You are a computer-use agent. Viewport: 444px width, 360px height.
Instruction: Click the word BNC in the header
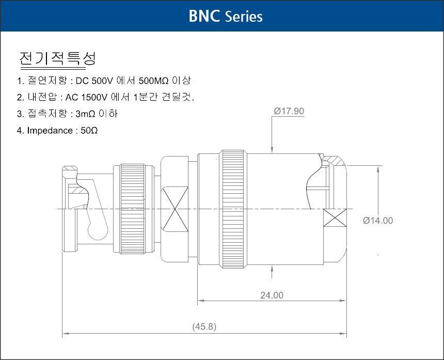(204, 16)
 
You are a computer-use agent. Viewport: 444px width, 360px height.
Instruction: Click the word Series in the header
(244, 17)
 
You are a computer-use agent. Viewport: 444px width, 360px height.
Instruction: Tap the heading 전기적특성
(57, 58)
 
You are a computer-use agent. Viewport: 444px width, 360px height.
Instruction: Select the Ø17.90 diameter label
(289, 111)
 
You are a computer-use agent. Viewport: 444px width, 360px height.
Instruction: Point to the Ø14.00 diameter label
(378, 221)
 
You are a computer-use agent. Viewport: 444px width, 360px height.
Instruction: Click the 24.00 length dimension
(272, 295)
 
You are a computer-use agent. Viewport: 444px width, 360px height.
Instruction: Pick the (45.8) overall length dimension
(204, 326)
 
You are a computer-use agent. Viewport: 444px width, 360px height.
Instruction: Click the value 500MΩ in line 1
(154, 81)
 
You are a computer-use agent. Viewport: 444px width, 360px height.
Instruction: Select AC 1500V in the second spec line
(86, 97)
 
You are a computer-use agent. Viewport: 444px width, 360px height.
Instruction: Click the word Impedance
(50, 131)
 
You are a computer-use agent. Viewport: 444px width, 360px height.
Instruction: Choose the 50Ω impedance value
(89, 131)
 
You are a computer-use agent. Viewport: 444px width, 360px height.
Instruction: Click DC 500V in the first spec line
(94, 81)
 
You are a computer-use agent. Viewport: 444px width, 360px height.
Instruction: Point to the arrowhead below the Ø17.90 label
(272, 150)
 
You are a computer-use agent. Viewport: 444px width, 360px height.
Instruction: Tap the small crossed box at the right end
(335, 217)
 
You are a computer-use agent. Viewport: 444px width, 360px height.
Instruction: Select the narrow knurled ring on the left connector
(132, 209)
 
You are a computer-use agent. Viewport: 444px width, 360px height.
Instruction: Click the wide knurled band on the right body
(233, 209)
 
